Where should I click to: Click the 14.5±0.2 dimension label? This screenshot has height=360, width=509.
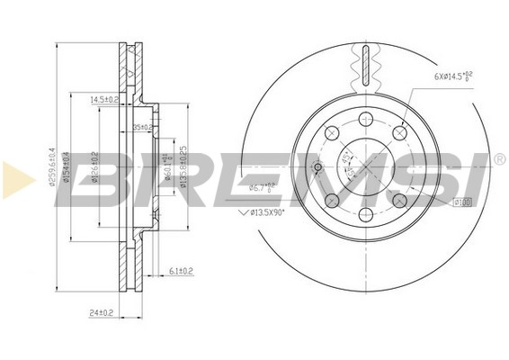tap(105, 99)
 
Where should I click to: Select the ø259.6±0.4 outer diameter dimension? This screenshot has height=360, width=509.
tap(55, 178)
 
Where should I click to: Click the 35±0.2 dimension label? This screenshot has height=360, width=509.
tap(143, 127)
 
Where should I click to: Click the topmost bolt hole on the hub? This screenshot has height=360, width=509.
tap(366, 119)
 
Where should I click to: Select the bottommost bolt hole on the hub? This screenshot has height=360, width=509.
tap(366, 214)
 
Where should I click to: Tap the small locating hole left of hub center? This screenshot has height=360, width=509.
tap(317, 166)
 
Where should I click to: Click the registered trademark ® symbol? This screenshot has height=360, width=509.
tap(499, 159)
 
